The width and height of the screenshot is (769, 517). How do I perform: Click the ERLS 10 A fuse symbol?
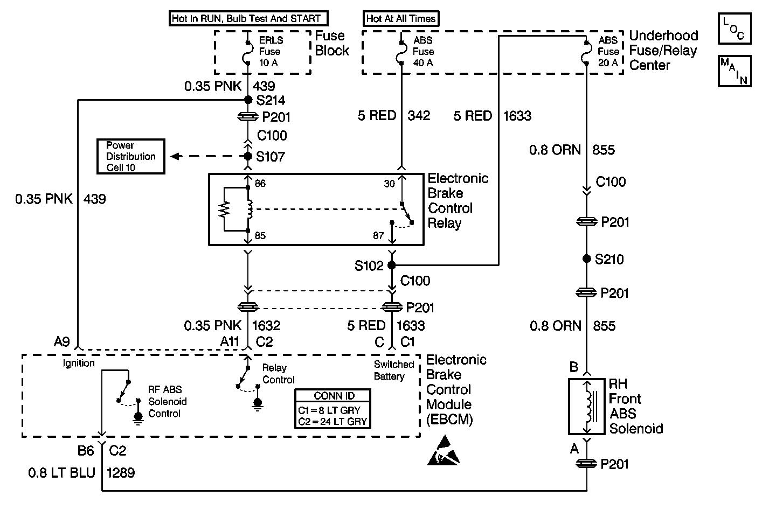coord(247,52)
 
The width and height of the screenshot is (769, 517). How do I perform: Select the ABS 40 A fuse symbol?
coord(401,52)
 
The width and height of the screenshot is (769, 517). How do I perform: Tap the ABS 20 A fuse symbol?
coord(586,52)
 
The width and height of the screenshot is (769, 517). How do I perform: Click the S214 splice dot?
coord(248,100)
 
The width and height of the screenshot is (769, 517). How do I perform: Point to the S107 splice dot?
coord(248,156)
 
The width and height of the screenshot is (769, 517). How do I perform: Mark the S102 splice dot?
coord(392,265)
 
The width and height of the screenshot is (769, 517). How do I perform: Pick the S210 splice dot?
coord(586,259)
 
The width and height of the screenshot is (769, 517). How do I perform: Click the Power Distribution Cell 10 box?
coord(131,157)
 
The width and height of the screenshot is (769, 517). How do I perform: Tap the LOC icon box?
coord(734,29)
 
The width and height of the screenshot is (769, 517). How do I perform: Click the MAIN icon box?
coord(734,71)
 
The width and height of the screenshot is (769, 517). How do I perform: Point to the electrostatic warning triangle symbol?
coord(444,451)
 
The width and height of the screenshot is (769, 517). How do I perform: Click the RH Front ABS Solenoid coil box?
coord(587,407)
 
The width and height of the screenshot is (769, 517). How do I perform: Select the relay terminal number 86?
coord(260,184)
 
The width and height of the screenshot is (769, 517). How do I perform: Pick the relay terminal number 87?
coord(379,235)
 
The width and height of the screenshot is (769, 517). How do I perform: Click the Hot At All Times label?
coord(400,19)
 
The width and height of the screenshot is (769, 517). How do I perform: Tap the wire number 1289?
coord(121,473)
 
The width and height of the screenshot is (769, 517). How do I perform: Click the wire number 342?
coord(419,116)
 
